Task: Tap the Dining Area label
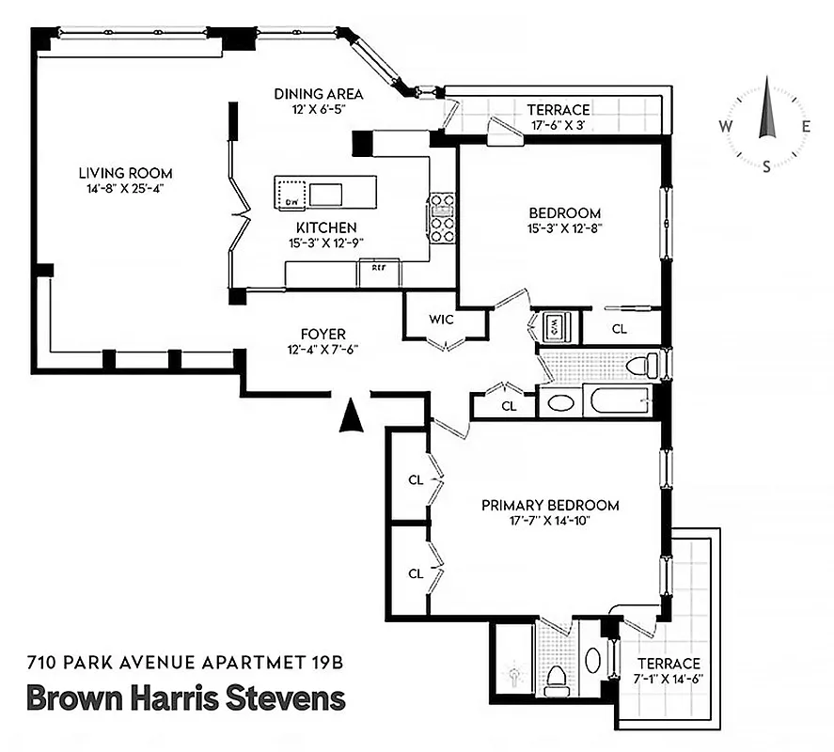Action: click(x=319, y=94)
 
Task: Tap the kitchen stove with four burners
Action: click(x=442, y=218)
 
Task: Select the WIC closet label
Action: click(x=441, y=320)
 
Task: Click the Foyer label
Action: click(x=323, y=335)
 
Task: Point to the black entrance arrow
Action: click(x=351, y=414)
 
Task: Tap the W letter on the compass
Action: click(x=726, y=127)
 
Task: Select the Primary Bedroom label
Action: click(x=550, y=505)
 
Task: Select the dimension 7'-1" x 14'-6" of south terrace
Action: click(x=669, y=678)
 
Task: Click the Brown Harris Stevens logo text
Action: click(x=186, y=698)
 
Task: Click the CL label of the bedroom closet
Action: click(x=620, y=329)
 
